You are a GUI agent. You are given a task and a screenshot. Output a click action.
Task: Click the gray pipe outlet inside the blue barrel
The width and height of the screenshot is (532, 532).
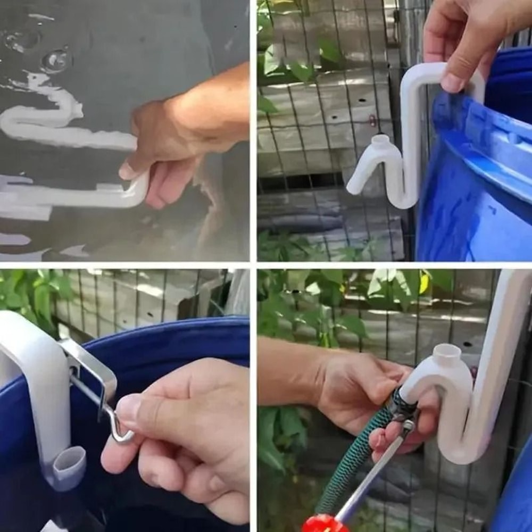pyautogui.click(x=69, y=460)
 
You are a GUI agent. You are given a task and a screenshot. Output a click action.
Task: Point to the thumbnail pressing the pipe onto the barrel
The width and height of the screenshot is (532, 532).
pyautogui.click(x=452, y=82)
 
